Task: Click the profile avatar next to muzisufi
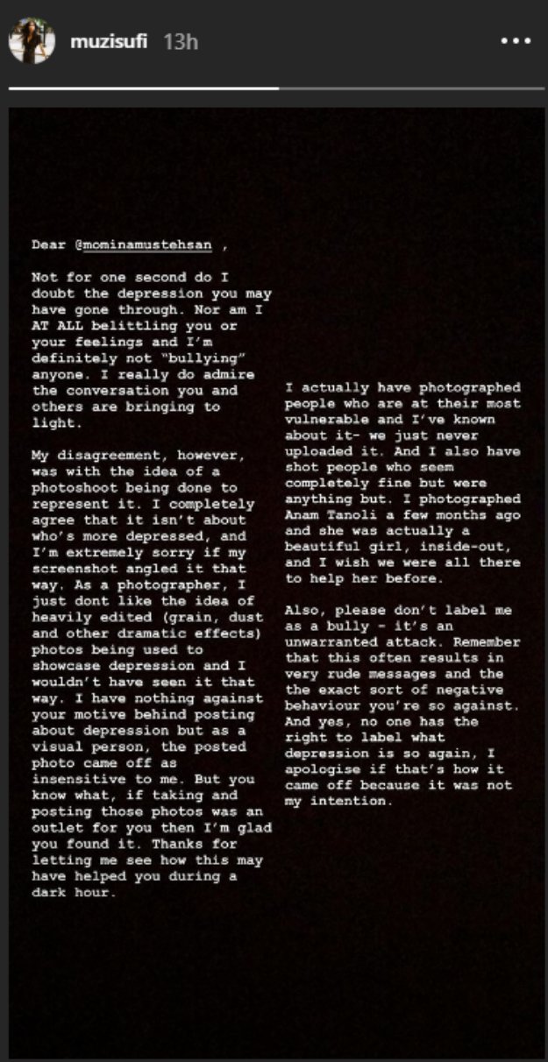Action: [x=32, y=41]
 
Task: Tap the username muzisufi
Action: [x=109, y=41]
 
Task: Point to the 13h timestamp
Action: [x=181, y=41]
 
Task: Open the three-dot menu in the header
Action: [x=515, y=41]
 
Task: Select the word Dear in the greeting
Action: [x=49, y=246]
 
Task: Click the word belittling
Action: [x=133, y=326]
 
